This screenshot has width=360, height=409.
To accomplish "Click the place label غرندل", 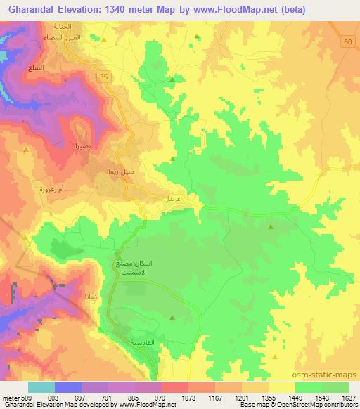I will [x=174, y=200].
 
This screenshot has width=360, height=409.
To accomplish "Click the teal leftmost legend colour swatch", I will [x=41, y=387].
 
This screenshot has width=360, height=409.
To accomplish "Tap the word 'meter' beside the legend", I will [x=11, y=396].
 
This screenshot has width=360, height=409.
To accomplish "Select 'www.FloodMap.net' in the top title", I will [x=250, y=8].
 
